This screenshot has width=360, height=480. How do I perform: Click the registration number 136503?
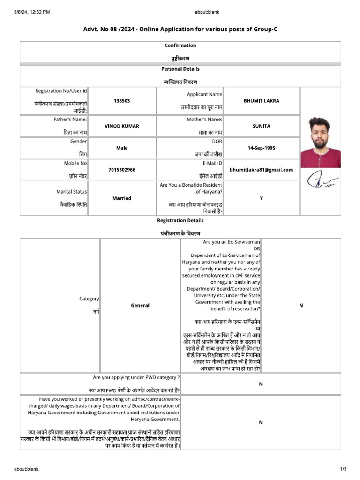click(x=122, y=101)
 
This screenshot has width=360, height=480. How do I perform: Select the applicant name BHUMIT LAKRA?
click(x=261, y=101)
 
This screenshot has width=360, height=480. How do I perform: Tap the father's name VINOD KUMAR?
click(x=122, y=126)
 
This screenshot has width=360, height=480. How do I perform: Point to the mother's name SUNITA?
click(x=261, y=126)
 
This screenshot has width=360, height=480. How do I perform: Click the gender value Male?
click(x=122, y=148)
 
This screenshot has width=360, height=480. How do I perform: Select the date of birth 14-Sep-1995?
click(x=261, y=148)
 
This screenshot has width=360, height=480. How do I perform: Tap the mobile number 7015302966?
click(x=122, y=170)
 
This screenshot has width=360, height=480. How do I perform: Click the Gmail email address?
click(x=261, y=170)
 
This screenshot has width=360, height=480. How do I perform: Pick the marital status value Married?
click(x=122, y=198)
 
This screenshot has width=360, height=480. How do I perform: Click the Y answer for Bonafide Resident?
click(x=261, y=198)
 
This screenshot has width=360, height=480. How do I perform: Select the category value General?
click(x=140, y=305)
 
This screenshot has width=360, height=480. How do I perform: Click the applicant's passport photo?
click(x=321, y=142)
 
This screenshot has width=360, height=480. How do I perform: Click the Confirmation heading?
click(x=180, y=45)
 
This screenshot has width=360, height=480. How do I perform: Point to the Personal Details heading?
click(x=180, y=69)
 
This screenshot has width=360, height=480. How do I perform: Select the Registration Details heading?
click(x=180, y=220)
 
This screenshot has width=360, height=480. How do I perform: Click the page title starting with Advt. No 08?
click(x=180, y=29)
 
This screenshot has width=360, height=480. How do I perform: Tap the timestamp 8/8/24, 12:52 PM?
click(x=32, y=12)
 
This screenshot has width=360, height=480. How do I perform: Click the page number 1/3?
click(x=343, y=469)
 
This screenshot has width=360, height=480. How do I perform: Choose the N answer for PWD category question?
click(x=261, y=384)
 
